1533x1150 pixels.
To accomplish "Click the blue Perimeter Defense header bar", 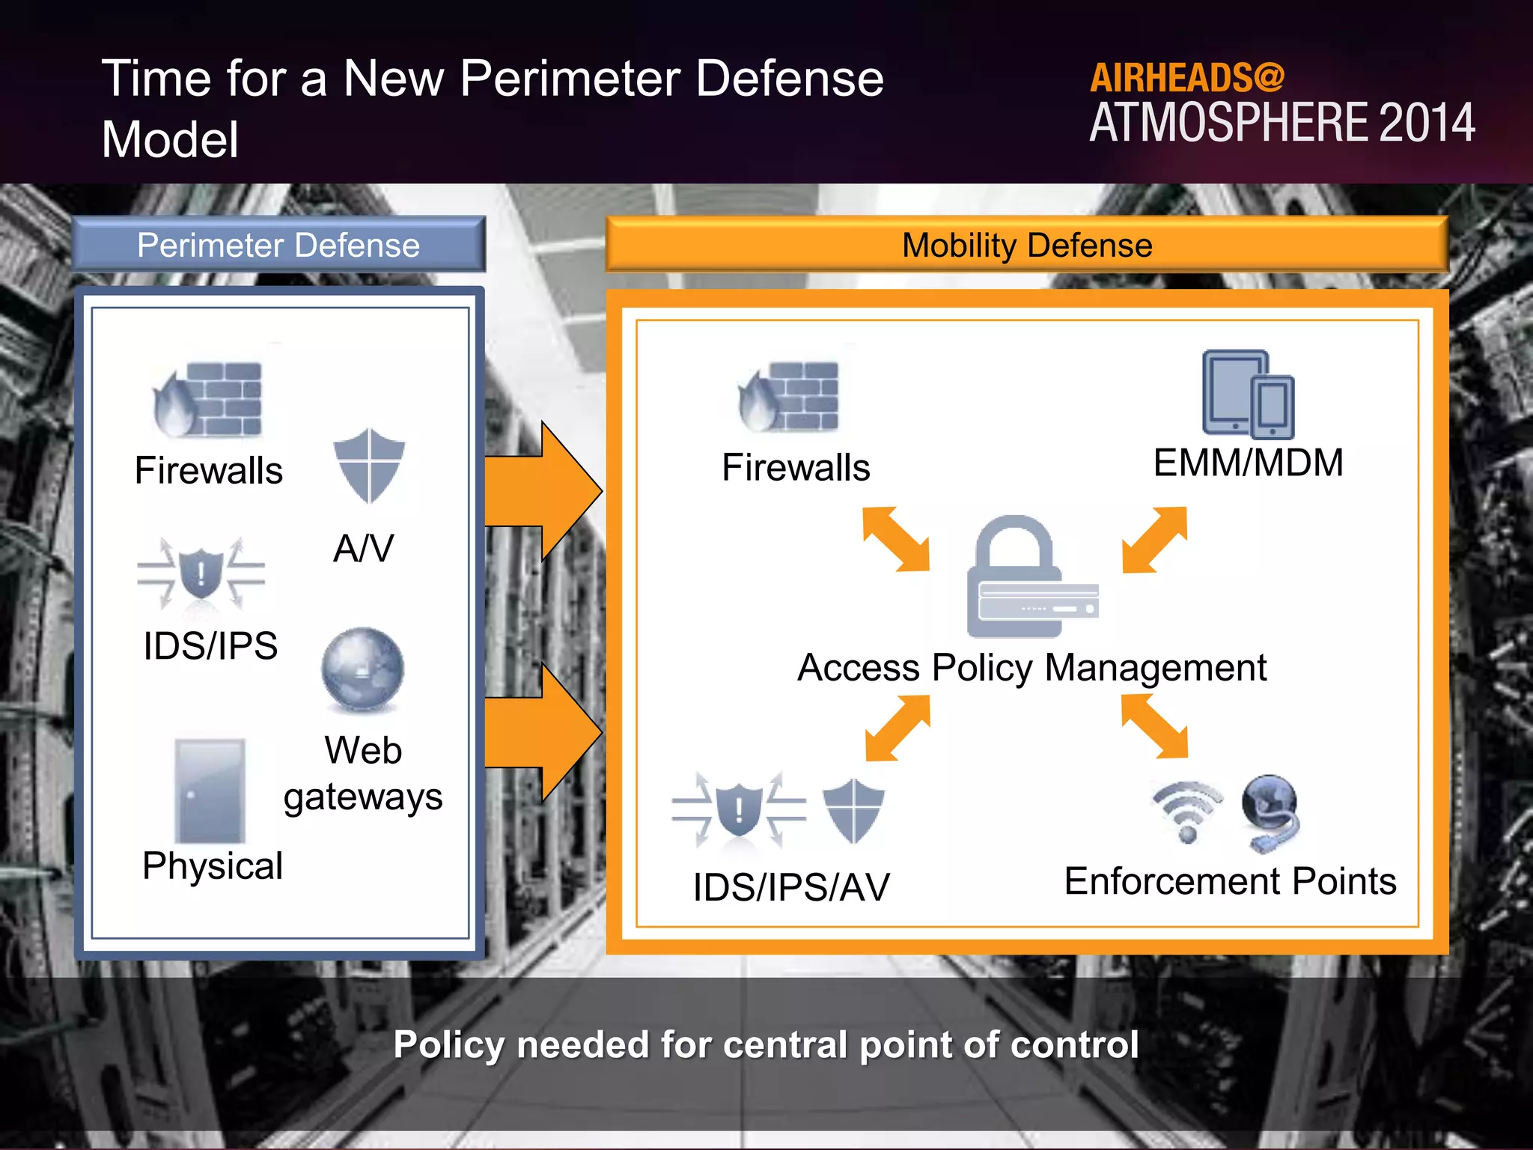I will [x=278, y=245].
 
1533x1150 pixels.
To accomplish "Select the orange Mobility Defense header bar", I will [x=1026, y=245].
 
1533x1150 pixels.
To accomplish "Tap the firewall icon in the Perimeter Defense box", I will [x=209, y=400].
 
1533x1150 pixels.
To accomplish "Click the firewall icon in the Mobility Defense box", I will [x=790, y=397].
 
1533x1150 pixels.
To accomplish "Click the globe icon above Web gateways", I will [x=363, y=669].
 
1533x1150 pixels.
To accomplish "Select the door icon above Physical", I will [x=210, y=791].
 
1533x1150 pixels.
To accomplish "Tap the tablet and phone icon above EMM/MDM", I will [x=1248, y=395].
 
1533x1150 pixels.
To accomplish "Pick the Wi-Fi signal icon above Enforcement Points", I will [x=1187, y=812].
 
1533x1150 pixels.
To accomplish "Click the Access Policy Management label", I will [x=1031, y=668].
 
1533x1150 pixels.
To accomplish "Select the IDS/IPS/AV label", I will [x=791, y=888].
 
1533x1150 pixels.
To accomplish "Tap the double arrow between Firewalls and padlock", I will [x=896, y=539].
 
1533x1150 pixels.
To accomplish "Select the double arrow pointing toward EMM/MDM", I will [x=1154, y=540].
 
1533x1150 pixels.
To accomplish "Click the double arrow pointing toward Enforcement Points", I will [x=1154, y=726].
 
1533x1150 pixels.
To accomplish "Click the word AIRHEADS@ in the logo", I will [x=1186, y=78].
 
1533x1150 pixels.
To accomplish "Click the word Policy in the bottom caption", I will [x=448, y=1045].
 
